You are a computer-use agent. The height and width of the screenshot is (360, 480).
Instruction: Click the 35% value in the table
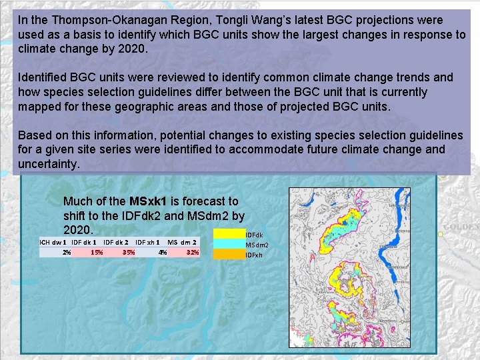coord(129,253)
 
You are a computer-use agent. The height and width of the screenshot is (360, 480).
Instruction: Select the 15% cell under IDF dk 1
coord(97,253)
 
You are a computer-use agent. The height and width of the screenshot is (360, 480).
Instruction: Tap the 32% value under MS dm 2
coord(193,253)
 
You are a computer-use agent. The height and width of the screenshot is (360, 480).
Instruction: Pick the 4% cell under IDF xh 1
coord(162,253)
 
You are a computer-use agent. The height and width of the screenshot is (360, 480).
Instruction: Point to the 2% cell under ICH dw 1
coord(67,253)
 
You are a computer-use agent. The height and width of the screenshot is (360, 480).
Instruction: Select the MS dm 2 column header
coord(181,241)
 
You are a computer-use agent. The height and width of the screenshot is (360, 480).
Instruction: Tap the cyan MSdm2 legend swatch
coord(229,244)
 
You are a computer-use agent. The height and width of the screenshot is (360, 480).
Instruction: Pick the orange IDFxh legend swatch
coord(229,254)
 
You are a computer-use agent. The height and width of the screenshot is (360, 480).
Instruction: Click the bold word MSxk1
coord(150,201)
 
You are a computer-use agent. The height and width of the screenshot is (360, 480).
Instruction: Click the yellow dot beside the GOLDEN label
coord(441,235)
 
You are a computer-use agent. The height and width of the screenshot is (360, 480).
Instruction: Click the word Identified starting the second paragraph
coord(43,77)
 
